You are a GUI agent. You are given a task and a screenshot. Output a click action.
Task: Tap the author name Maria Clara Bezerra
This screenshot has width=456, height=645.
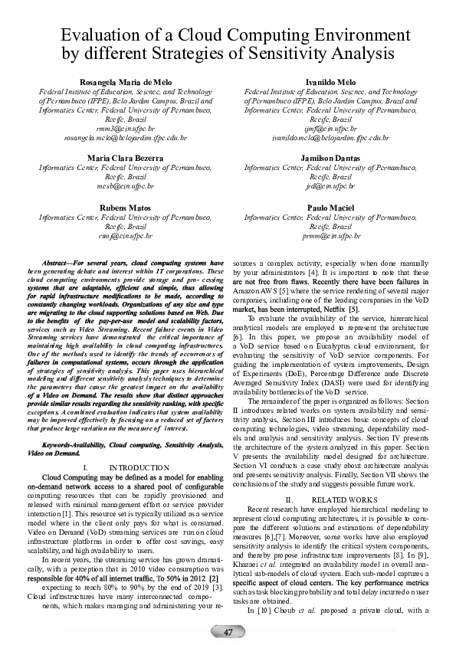126,157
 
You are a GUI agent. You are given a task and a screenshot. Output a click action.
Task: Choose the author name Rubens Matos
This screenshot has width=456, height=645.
126,208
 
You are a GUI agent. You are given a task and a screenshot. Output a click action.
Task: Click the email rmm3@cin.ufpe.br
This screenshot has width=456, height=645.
126,129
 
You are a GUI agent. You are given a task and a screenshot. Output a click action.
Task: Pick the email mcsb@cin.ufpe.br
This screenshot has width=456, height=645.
126,185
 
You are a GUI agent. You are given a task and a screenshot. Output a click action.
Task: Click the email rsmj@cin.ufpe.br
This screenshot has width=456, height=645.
126,237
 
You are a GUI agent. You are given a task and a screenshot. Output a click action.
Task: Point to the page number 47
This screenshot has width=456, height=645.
228,631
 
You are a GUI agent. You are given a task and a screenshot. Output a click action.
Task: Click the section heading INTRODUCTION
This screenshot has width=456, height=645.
139,467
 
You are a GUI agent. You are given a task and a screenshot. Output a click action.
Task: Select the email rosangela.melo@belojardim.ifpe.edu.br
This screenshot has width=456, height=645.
126,139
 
